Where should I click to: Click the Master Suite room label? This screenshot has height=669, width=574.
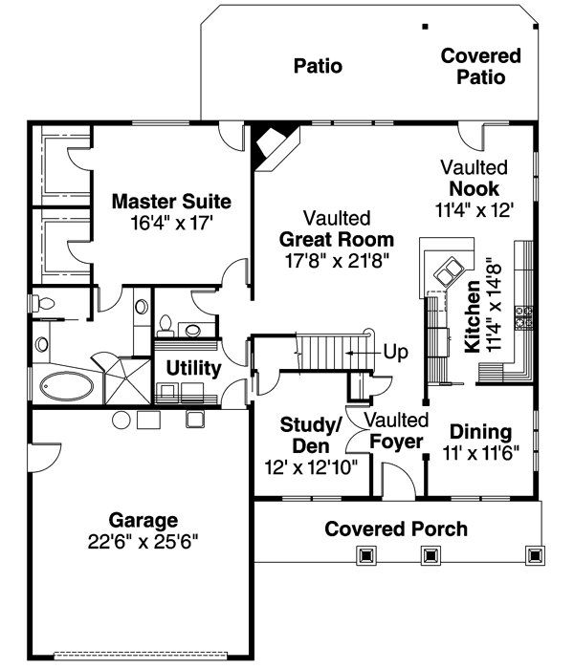[171, 202]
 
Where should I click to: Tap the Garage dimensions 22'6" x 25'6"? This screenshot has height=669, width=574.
[143, 541]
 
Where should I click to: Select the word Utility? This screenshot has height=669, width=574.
[194, 368]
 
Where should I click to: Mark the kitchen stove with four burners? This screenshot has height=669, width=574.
[523, 316]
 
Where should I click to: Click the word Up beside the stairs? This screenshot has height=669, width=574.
[395, 352]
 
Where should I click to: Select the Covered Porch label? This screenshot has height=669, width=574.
[396, 529]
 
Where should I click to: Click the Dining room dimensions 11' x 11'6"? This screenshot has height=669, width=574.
[480, 454]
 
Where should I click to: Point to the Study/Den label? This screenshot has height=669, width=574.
[305, 435]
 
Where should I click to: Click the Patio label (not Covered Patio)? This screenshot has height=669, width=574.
[318, 66]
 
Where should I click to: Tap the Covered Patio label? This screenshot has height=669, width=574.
[480, 67]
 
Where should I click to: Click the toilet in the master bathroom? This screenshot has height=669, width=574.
[41, 304]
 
